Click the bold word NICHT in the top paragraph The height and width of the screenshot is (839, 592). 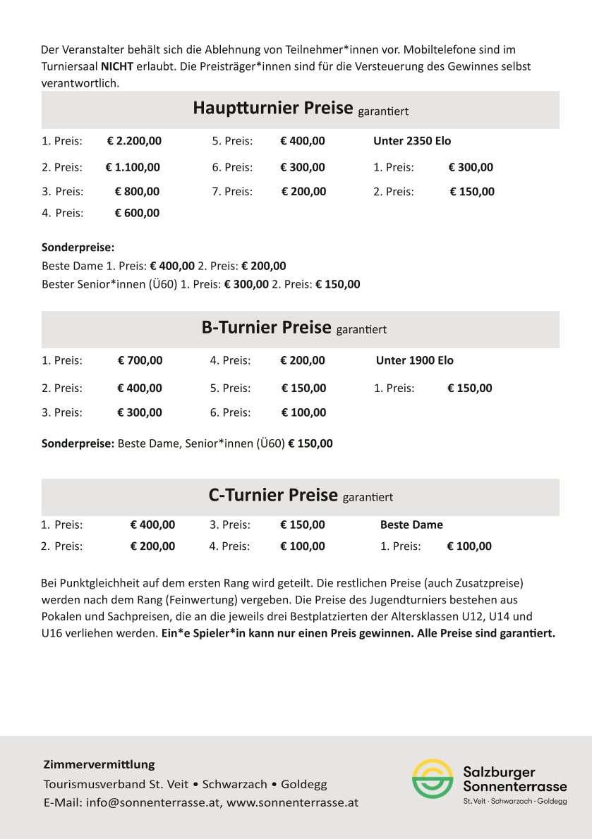point(116,67)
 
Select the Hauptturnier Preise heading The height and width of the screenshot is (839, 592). point(272,109)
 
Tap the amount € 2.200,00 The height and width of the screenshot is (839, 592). point(134,141)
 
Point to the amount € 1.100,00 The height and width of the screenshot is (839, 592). point(133,168)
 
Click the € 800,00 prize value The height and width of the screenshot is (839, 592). point(137,191)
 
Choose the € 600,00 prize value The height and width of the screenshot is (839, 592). point(137,213)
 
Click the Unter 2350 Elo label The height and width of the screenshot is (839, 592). point(412,141)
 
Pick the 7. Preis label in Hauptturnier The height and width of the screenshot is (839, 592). point(232,191)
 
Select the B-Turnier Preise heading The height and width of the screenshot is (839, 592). point(266,328)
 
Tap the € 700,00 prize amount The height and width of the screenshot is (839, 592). point(140,360)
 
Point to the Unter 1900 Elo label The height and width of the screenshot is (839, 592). point(415,360)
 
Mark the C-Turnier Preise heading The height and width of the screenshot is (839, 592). point(273,496)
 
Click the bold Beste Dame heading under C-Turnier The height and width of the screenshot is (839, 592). point(411,525)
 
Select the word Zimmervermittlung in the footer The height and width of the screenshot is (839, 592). point(99,764)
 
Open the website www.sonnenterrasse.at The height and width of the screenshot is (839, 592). point(292,802)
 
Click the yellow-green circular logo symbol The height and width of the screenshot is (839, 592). point(433,779)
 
